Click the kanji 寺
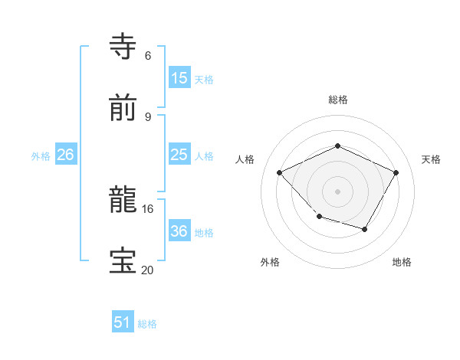pos(123,47)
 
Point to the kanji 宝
pos(123,261)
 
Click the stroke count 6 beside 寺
pos(148,55)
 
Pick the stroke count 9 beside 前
pos(148,116)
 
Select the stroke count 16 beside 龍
pos(148,208)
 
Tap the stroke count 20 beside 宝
pos(148,270)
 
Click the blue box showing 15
pos(179,78)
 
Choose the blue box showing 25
pos(179,155)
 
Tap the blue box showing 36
pos(179,231)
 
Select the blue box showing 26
pos(66,155)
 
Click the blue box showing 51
pos(123,322)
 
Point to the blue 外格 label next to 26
pos(41,155)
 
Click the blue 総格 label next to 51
pos(147,324)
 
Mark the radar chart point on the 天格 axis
pos(396,172)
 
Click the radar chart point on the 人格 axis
pos(280,172)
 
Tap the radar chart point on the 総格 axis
pos(337,146)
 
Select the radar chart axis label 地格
pos(402,262)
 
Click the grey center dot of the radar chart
pos(337,191)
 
